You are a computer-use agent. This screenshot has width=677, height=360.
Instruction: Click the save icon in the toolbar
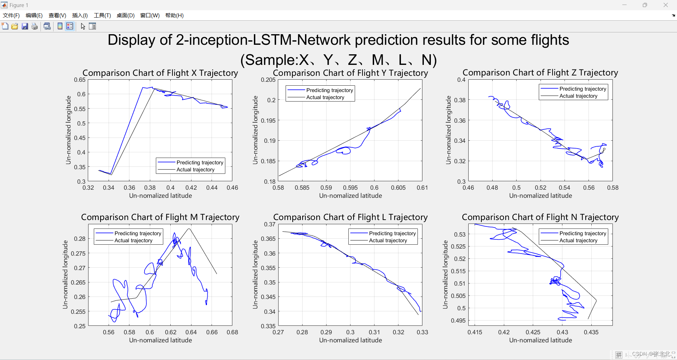[25, 26]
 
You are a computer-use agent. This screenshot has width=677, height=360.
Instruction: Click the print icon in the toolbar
[35, 26]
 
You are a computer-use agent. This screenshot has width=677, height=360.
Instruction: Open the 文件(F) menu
[11, 16]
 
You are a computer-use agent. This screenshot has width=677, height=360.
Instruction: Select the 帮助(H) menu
[174, 16]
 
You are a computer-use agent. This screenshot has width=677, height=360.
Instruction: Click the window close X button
[665, 5]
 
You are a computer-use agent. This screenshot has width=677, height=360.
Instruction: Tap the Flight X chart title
[160, 73]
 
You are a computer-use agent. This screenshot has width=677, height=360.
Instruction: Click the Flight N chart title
[540, 217]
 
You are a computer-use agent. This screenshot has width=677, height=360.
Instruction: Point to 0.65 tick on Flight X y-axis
[80, 80]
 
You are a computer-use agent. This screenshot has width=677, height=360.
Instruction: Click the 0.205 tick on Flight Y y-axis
[268, 80]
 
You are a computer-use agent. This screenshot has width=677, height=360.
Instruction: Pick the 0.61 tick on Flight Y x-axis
[422, 188]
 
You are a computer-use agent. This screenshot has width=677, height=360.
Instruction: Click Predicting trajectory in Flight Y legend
[329, 90]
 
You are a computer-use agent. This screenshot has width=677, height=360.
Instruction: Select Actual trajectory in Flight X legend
[195, 170]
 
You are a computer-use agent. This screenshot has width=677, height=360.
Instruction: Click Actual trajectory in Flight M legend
[133, 240]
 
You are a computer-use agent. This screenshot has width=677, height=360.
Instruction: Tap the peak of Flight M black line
[189, 229]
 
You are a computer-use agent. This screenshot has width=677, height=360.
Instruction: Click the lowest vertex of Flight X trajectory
[111, 174]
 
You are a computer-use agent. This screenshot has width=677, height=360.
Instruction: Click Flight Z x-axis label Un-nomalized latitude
[540, 196]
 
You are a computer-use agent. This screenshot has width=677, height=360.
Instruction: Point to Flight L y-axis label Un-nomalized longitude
[255, 275]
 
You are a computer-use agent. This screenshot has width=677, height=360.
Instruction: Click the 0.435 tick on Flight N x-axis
[591, 332]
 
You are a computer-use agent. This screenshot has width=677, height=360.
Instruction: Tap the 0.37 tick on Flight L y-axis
[270, 224]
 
